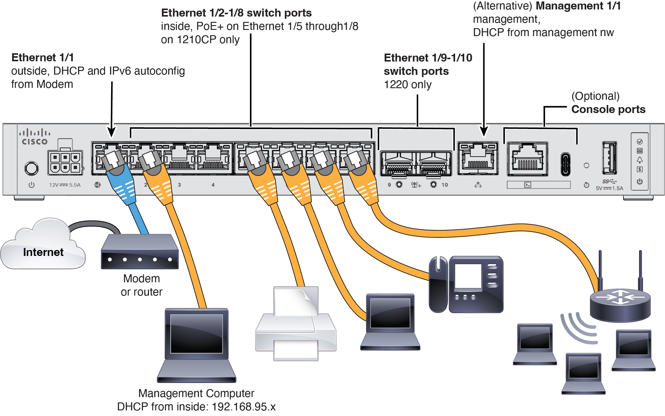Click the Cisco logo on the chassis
pyautogui.click(x=35, y=137)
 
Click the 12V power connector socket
pyautogui.click(x=65, y=162)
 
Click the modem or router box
pyautogui.click(x=139, y=252)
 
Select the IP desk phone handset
pyautogui.click(x=438, y=284)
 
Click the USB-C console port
pyautogui.click(x=565, y=164)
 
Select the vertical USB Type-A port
pyautogui.click(x=609, y=158)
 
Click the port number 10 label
pyautogui.click(x=445, y=185)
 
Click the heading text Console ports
pyautogui.click(x=608, y=109)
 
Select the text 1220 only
pyautogui.click(x=407, y=85)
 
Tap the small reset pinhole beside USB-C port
pyautogui.click(x=586, y=165)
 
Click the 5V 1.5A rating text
pyautogui.click(x=609, y=188)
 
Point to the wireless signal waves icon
pyautogui.click(x=579, y=328)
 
